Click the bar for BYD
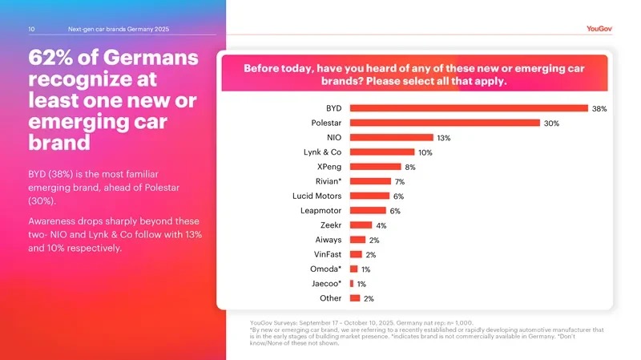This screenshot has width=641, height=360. [x=469, y=108]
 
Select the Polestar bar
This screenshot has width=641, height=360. [x=445, y=123]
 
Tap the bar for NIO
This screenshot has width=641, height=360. [x=391, y=138]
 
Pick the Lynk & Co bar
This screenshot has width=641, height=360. [x=382, y=152]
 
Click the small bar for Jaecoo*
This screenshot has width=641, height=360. [x=352, y=283]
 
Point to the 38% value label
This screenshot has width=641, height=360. [x=599, y=108]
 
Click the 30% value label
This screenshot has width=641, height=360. [x=551, y=123]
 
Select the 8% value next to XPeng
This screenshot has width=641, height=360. [x=410, y=168]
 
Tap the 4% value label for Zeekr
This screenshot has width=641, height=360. [x=381, y=226]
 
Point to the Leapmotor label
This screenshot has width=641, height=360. [x=321, y=211]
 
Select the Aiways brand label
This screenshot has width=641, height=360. [x=329, y=240]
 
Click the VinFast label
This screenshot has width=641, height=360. [x=328, y=254]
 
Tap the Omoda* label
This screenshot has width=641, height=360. [x=326, y=269]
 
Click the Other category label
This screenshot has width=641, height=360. [x=330, y=298]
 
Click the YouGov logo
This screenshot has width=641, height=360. [x=599, y=29]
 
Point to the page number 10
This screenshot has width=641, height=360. [x=31, y=30]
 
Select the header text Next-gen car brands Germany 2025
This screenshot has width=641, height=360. [x=119, y=30]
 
